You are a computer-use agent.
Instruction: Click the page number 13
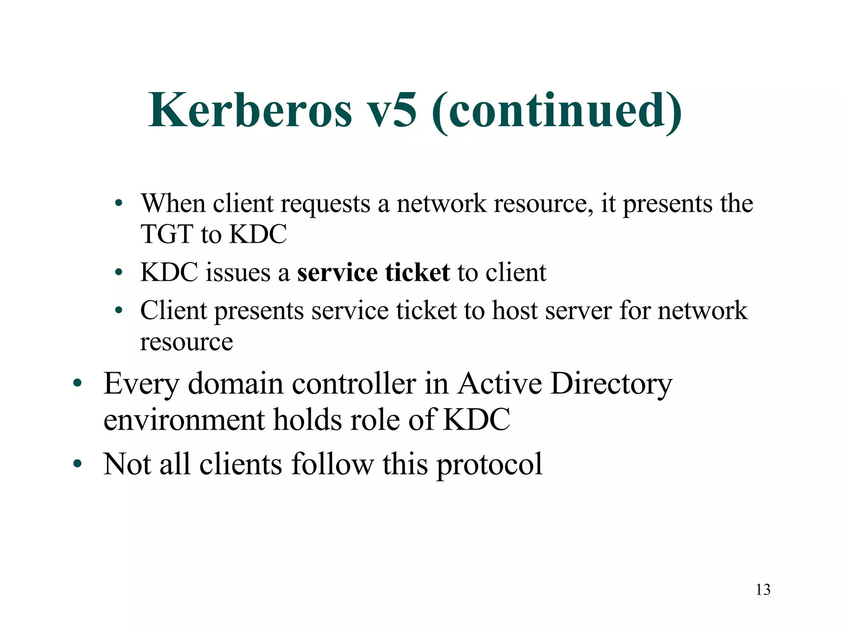point(763,590)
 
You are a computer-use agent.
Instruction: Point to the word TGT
point(167,234)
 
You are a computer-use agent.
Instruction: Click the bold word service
point(337,273)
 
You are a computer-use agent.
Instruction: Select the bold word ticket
point(417,273)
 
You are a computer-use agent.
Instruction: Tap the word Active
point(500,383)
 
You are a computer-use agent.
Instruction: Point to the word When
point(173,203)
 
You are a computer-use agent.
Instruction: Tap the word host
point(515,311)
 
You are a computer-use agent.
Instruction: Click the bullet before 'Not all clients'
point(77,464)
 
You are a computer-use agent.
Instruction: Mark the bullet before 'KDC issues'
point(119,272)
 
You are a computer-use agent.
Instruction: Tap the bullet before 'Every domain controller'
point(77,383)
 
